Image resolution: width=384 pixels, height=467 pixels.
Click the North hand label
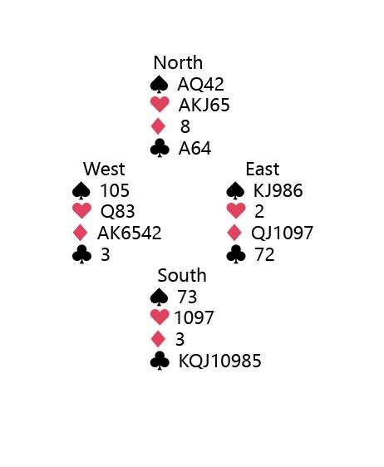(178, 63)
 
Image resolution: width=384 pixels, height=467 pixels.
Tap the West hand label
(104, 169)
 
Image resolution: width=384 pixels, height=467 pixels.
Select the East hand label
(263, 169)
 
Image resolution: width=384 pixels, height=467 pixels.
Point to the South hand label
(182, 275)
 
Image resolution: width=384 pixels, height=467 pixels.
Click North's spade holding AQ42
(200, 84)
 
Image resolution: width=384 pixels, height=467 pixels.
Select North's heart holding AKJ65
(204, 106)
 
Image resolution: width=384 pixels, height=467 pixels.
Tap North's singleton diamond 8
(185, 126)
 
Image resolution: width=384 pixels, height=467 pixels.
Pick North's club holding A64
(194, 148)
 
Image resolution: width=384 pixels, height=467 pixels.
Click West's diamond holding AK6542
(130, 233)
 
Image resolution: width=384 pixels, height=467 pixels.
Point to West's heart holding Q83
(118, 211)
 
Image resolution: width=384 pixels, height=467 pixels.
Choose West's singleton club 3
(106, 255)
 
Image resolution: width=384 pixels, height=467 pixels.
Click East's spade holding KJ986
(278, 190)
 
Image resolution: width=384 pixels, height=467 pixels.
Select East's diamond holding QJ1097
(282, 233)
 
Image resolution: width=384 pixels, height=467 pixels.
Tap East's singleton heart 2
(259, 212)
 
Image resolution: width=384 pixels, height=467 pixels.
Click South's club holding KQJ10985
(220, 361)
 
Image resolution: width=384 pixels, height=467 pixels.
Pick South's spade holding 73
(187, 297)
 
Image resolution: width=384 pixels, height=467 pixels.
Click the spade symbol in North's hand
(160, 84)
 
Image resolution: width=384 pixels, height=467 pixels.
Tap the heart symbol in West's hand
(82, 211)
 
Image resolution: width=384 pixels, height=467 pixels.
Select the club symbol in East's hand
(236, 254)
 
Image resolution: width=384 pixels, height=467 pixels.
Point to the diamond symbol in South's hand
(158, 339)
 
